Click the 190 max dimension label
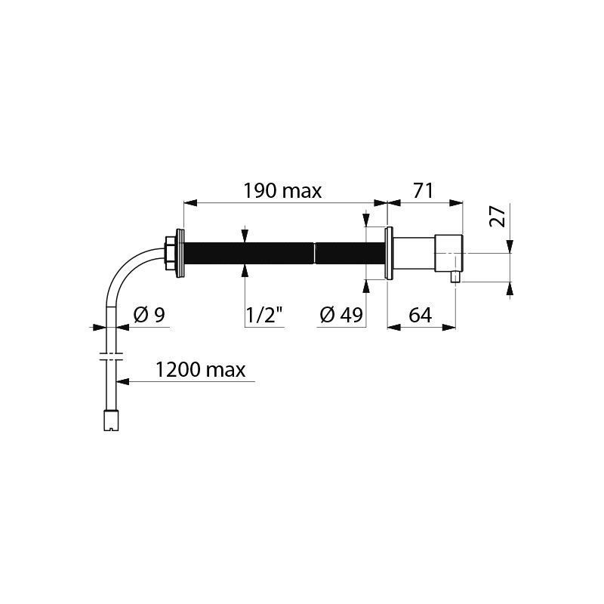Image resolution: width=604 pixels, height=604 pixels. [x=282, y=191]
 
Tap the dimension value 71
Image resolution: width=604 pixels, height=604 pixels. [x=423, y=191]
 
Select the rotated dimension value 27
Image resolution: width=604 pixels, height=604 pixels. [x=497, y=217]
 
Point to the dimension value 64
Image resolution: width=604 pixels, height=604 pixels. [x=421, y=316]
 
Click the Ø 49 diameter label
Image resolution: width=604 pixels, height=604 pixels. [x=341, y=316]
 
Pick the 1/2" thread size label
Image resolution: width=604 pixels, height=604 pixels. [x=264, y=316]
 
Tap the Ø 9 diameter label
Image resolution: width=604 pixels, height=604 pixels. [x=149, y=315]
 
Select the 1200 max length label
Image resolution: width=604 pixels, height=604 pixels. [x=200, y=370]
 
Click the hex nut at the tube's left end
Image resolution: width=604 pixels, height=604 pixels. [x=169, y=253]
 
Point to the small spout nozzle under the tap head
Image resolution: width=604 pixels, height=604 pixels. [x=455, y=276]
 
